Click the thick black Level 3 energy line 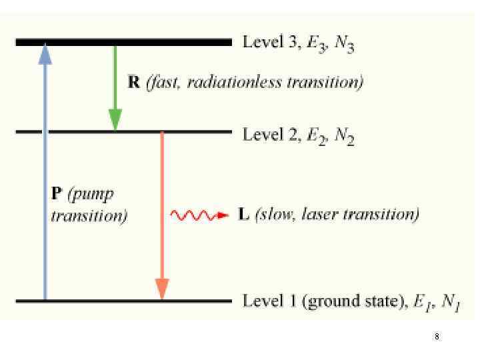(x=167, y=42)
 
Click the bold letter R (x=133, y=83)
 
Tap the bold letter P (x=57, y=194)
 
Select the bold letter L (x=244, y=215)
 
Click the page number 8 (x=437, y=337)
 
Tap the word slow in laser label (x=277, y=215)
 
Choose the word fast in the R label (x=163, y=83)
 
